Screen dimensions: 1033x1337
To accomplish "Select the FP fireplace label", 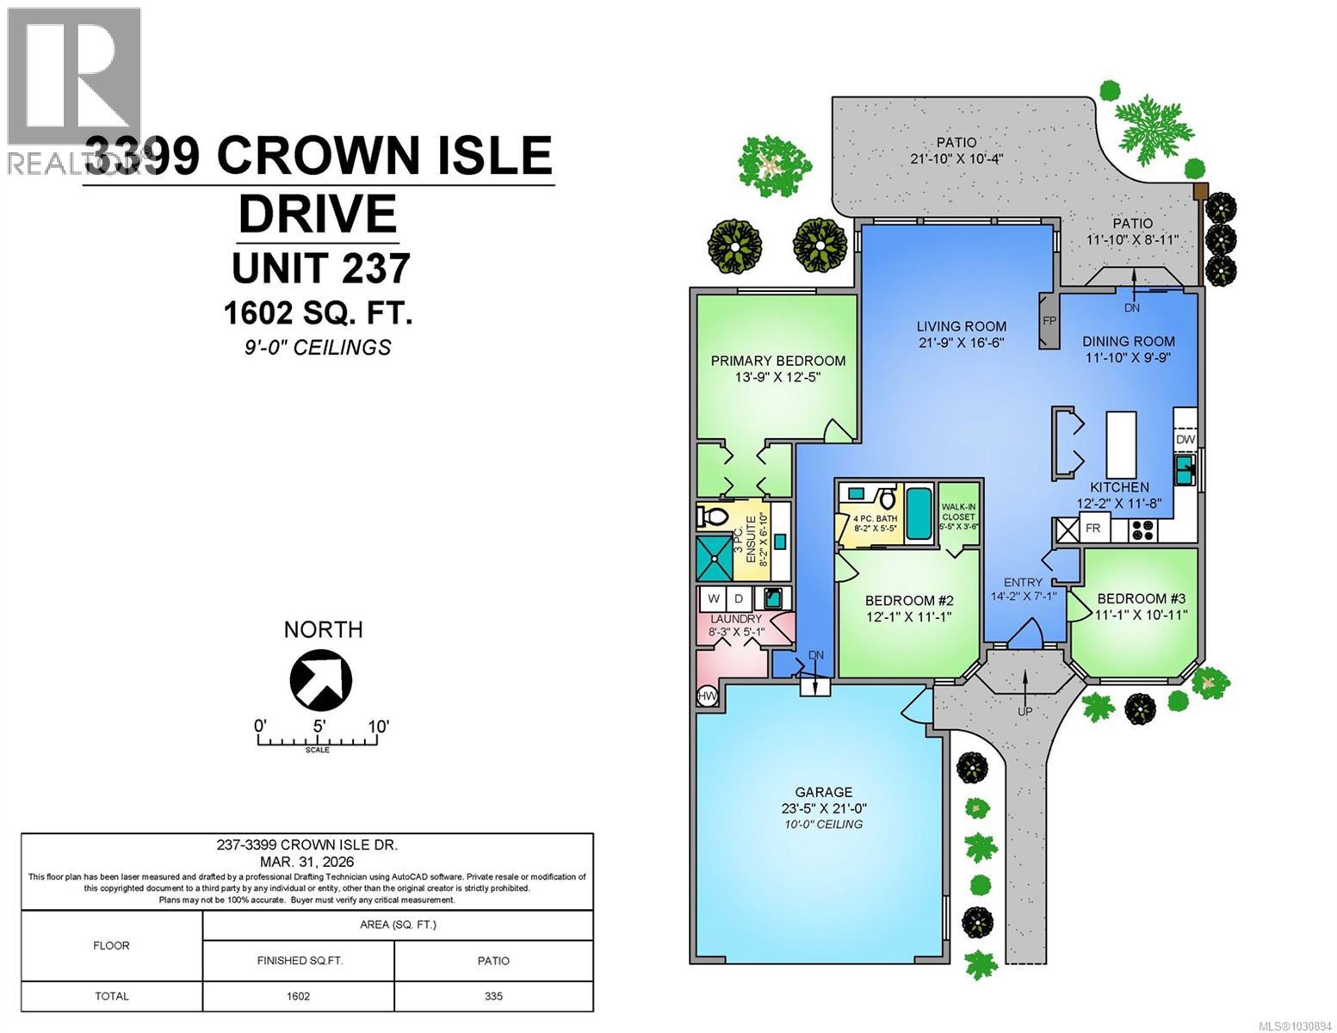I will tap(1049, 320).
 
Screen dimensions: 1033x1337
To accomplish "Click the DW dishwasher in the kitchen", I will tap(1185, 439).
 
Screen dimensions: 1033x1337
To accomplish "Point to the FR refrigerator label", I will tap(1093, 529).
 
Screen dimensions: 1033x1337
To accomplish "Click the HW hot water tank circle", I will tap(708, 696).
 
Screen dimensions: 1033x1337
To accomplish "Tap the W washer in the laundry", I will tap(714, 598).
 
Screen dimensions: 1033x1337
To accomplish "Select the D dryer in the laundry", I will tap(738, 598).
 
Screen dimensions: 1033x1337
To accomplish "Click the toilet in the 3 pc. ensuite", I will tap(712, 518).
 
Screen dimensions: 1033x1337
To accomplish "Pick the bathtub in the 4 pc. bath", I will tap(919, 514).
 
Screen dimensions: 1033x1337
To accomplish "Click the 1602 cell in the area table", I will tap(298, 996).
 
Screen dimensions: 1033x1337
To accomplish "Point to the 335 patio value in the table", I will tap(493, 996).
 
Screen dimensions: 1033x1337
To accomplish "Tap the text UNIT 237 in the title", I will tap(320, 268).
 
